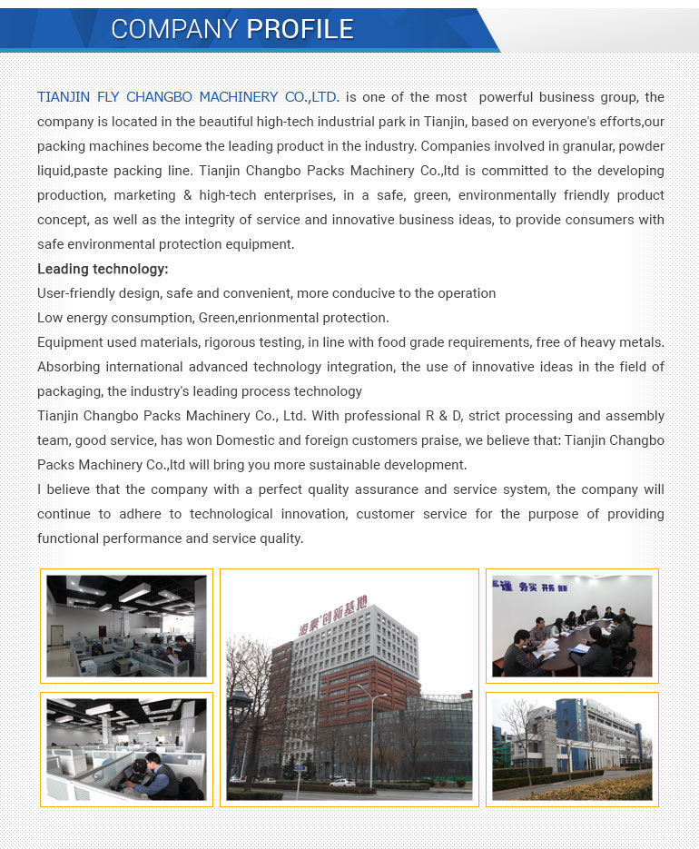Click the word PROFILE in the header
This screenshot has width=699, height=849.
(300, 29)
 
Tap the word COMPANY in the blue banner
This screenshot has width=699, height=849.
(175, 29)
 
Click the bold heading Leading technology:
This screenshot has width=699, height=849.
(103, 269)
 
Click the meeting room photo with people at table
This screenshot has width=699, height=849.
(572, 626)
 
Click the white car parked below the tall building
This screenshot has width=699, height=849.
(341, 782)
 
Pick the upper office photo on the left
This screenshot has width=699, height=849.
(126, 626)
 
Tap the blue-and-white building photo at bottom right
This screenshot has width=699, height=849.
(572, 749)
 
